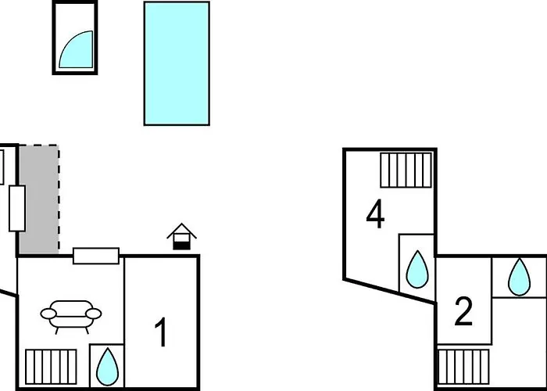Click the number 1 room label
162,332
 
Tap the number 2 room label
463,312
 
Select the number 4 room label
375,213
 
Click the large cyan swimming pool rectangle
177,63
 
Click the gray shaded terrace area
39,199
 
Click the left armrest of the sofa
48,314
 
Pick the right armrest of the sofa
94,314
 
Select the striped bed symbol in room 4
406,170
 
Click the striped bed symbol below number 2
463,367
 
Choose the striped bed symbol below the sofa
51,367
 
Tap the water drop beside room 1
108,367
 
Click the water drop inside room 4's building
417,269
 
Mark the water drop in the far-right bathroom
519,277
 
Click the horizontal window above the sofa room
96,256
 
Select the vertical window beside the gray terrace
17,209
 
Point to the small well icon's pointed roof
182,230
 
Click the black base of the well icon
182,246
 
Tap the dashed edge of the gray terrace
59,199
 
